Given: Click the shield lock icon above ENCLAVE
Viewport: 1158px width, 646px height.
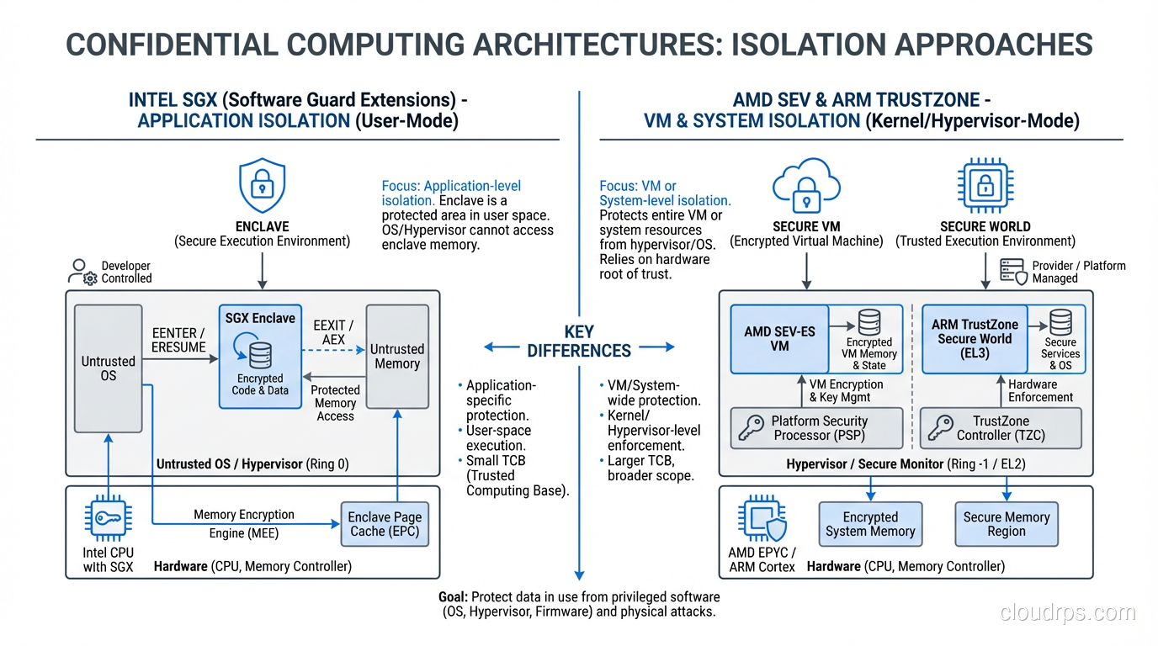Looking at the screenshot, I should click(x=262, y=185).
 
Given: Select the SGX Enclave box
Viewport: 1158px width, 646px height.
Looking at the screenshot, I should click(x=260, y=357).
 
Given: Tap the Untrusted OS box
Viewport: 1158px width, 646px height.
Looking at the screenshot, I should click(x=108, y=368).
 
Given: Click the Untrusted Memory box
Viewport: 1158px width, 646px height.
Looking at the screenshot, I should click(x=397, y=357).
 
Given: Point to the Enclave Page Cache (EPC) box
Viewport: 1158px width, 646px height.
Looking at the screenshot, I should click(x=385, y=524).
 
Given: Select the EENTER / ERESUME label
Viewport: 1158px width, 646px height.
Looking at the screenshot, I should click(x=178, y=340).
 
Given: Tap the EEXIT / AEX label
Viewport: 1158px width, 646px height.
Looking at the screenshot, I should click(x=333, y=332).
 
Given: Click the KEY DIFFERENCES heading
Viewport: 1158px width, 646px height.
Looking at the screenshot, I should click(x=579, y=341).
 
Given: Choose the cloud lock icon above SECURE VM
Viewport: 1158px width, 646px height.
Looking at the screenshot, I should click(x=806, y=185).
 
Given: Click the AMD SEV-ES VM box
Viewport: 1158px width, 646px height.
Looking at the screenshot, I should click(x=779, y=339).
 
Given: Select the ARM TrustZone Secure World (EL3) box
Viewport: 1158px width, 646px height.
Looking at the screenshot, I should click(x=975, y=339).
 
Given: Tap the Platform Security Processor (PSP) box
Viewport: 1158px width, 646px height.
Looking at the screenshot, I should click(x=816, y=428).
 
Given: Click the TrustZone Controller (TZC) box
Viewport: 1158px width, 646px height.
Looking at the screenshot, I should click(x=1000, y=428).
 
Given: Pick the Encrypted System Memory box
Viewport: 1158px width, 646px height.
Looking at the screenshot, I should click(x=870, y=524).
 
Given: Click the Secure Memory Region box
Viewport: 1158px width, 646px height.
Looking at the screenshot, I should click(x=1007, y=524).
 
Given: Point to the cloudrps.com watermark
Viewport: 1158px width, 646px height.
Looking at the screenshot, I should click(x=1067, y=613).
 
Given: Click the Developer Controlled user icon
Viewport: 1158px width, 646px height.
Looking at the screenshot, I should click(x=82, y=272).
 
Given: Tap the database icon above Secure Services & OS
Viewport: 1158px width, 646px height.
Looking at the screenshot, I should click(x=1060, y=322).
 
